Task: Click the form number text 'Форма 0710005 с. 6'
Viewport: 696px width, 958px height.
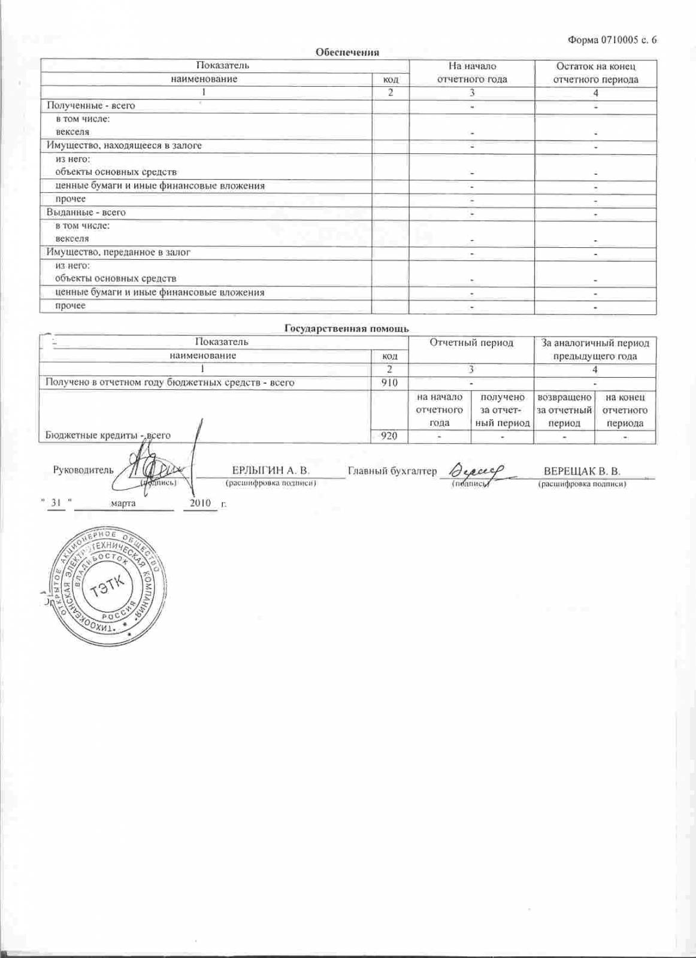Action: (x=612, y=40)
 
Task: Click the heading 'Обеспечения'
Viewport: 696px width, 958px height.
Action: (x=347, y=52)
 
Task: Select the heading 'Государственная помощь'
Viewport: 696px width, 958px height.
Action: (x=346, y=328)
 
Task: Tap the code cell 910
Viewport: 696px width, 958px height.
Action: (x=389, y=383)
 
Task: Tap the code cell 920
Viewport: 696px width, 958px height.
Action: (x=389, y=436)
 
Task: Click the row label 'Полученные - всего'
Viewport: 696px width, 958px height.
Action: (x=91, y=105)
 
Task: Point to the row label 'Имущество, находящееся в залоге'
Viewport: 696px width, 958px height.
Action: (x=124, y=145)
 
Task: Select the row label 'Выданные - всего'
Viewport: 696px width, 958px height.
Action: (x=86, y=213)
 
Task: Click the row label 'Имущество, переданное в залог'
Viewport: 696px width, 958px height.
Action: (x=119, y=253)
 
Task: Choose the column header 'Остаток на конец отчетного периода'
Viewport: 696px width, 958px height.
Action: (x=595, y=73)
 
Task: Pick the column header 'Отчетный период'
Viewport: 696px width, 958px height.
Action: (x=471, y=343)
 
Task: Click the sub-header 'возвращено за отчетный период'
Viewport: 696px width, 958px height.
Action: (x=564, y=410)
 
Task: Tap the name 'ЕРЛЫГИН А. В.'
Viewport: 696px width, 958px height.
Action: (x=271, y=471)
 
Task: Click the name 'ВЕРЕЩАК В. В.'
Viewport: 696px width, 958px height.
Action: (x=582, y=471)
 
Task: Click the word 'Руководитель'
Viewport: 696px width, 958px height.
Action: (x=83, y=470)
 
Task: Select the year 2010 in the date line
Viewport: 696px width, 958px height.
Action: (x=201, y=503)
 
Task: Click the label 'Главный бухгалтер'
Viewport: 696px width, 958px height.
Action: (x=392, y=471)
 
